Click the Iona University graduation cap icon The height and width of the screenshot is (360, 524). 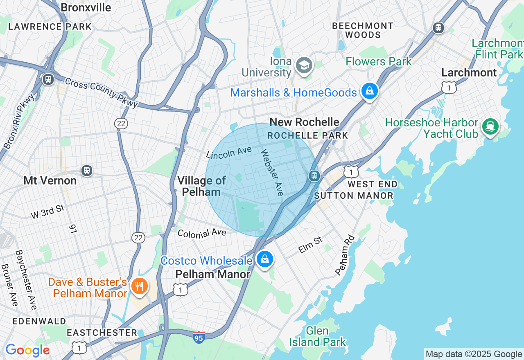pyautogui.click(x=304, y=65)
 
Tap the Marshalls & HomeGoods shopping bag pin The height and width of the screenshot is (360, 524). pyautogui.click(x=369, y=91)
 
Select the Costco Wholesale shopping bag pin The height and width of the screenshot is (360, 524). pyautogui.click(x=265, y=259)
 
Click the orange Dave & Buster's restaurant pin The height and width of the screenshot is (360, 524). pyautogui.click(x=139, y=286)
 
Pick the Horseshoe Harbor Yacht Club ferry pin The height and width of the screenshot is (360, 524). pyautogui.click(x=490, y=126)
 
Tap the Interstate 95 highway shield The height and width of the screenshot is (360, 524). pyautogui.click(x=199, y=337)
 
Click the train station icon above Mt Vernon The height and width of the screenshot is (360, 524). pyautogui.click(x=86, y=170)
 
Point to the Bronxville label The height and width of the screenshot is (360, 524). pyautogui.click(x=86, y=7)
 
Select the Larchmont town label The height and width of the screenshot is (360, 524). pyautogui.click(x=469, y=73)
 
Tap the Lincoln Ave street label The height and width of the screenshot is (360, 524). pyautogui.click(x=229, y=153)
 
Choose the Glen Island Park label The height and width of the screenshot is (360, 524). pyautogui.click(x=318, y=336)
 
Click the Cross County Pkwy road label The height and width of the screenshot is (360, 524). pyautogui.click(x=101, y=93)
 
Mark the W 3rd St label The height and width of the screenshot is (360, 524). pyautogui.click(x=48, y=211)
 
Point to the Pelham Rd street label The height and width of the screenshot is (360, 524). pyautogui.click(x=344, y=254)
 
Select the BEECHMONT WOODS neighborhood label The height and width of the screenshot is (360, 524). pyautogui.click(x=363, y=30)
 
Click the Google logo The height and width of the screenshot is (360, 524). pyautogui.click(x=27, y=350)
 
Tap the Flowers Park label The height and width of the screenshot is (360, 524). pyautogui.click(x=379, y=62)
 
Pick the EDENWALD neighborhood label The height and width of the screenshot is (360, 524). pyautogui.click(x=39, y=321)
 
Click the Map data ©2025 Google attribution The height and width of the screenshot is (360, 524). pyautogui.click(x=474, y=354)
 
